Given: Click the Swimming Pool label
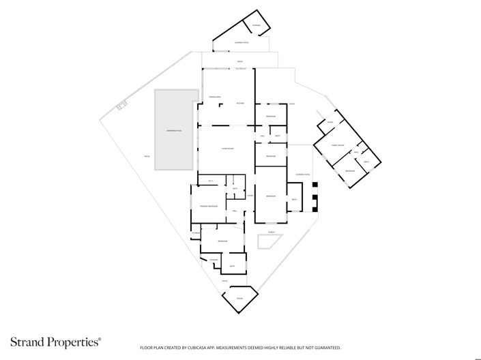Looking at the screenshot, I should click(173, 130).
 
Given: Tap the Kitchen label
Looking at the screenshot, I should click(240, 103).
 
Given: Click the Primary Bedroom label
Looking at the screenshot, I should click(208, 206).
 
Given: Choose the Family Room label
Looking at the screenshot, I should click(336, 145).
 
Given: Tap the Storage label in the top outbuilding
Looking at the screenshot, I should click(257, 26).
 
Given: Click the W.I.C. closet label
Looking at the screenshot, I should click(211, 180).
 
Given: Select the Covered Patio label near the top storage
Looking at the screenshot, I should click(241, 43).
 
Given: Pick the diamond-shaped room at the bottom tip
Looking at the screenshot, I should click(239, 299).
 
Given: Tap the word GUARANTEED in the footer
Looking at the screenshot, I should click(325, 348).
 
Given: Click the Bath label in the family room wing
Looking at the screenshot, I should click(366, 162).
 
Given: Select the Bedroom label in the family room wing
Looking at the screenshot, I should click(350, 170).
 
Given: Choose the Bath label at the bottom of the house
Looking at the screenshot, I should click(233, 266).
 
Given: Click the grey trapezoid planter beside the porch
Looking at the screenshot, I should click(264, 243).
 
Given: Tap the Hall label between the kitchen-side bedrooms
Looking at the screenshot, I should click(263, 136).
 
